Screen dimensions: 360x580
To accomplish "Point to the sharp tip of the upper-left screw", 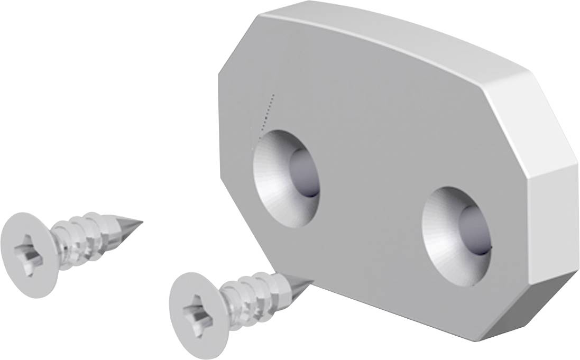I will (139, 220).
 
